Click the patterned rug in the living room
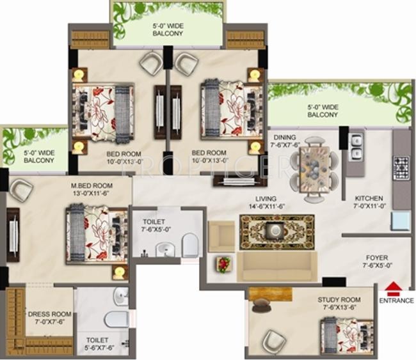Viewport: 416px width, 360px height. click(276, 231)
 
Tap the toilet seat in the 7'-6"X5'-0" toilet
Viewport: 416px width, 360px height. click(190, 244)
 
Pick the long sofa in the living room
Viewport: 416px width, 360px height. click(276, 267)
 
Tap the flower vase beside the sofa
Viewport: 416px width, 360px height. click(223, 263)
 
